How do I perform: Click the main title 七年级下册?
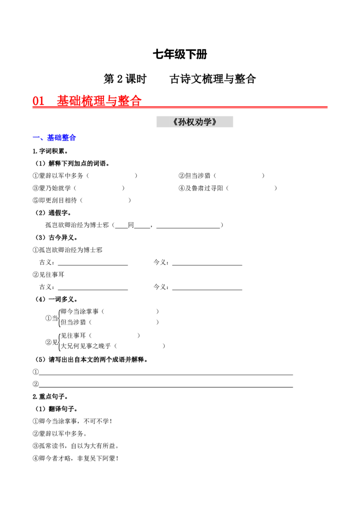pyautogui.click(x=180, y=54)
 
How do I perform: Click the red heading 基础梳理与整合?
pyautogui.click(x=99, y=100)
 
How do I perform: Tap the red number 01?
pyautogui.click(x=38, y=101)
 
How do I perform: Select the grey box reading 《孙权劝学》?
pyautogui.click(x=194, y=122)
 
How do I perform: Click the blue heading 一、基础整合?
pyautogui.click(x=54, y=138)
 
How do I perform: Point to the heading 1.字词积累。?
pyautogui.click(x=50, y=151)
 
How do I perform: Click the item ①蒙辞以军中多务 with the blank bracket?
pyautogui.click(x=85, y=176)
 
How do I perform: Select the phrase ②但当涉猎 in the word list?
pyautogui.click(x=194, y=176)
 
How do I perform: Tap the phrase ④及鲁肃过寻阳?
pyautogui.click(x=201, y=188)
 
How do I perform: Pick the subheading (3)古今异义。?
pyautogui.click(x=57, y=237)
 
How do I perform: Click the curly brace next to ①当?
pyautogui.click(x=59, y=317)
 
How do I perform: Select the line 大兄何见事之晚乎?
pyautogui.click(x=86, y=346)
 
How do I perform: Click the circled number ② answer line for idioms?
pyautogui.click(x=166, y=387)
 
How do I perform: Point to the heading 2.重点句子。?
pyautogui.click(x=50, y=397)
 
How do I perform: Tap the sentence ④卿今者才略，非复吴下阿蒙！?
pyautogui.click(x=76, y=458)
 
